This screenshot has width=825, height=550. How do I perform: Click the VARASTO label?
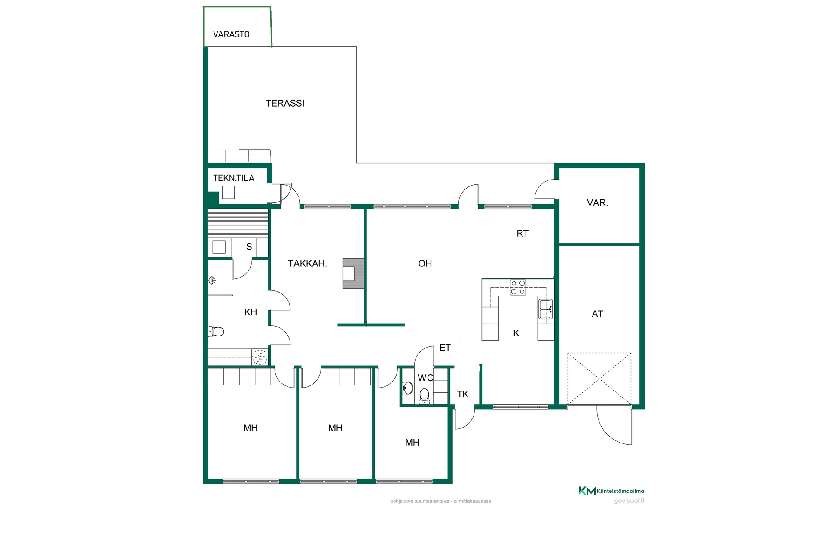[231, 34]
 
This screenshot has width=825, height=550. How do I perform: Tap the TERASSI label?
[285, 103]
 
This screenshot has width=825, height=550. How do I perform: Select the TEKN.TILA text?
[234, 178]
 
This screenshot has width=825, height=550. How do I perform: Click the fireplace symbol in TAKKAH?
[353, 273]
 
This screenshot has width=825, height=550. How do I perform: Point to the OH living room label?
[425, 263]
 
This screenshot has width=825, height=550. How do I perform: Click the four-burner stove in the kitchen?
[518, 287]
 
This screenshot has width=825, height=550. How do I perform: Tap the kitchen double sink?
[546, 309]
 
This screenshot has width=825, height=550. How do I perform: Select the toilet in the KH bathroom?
[216, 332]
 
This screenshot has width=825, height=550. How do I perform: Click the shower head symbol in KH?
[212, 281]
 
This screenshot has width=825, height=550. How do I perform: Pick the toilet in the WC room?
[424, 397]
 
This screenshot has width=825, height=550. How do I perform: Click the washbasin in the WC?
[407, 388]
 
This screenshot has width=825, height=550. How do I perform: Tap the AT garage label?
[597, 314]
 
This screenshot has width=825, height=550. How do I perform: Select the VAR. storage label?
[597, 203]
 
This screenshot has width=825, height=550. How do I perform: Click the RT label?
[522, 233]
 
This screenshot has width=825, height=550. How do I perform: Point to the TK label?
[463, 394]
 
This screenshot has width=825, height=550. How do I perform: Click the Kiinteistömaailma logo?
[611, 491]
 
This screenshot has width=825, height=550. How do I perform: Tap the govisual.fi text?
[629, 501]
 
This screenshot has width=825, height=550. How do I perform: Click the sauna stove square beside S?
[219, 247]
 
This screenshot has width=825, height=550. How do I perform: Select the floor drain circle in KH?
[260, 357]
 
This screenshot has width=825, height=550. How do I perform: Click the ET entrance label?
[445, 348]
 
